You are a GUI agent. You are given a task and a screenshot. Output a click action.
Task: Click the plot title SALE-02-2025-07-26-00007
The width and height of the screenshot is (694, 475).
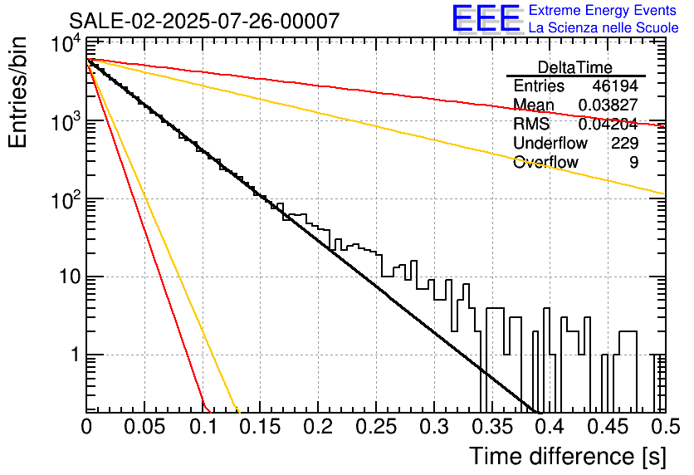tap(204, 21)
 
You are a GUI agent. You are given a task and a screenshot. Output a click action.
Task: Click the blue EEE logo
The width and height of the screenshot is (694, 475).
tap(486, 18)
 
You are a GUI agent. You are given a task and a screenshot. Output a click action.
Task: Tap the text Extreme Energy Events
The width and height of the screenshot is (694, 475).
tap(603, 10)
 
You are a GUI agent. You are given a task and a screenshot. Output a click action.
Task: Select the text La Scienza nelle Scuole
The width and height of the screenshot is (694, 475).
tap(604, 27)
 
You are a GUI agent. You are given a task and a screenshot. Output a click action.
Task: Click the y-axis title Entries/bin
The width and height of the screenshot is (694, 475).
tap(17, 92)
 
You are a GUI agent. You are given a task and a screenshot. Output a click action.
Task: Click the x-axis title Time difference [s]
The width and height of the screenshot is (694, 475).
tap(568, 457)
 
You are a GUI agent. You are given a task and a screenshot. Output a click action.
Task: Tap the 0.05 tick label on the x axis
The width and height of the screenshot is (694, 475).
tap(144, 427)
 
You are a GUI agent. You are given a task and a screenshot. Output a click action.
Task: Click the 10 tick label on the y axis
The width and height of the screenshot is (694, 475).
tap(70, 277)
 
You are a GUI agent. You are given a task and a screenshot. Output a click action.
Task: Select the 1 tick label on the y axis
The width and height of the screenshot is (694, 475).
tap(76, 355)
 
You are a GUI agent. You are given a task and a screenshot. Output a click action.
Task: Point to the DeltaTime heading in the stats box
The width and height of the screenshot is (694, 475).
tap(574, 67)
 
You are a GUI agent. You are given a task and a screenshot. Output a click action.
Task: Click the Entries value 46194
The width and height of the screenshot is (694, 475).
tap(615, 86)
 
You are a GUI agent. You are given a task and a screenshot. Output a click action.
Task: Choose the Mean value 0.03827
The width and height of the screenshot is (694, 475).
tap(608, 105)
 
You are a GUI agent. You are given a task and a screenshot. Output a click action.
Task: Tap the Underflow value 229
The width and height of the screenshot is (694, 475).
tap(625, 143)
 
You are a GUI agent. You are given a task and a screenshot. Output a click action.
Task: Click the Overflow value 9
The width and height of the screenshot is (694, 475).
tap(633, 163)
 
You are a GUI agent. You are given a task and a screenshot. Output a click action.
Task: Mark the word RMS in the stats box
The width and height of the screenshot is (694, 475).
tap(531, 124)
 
